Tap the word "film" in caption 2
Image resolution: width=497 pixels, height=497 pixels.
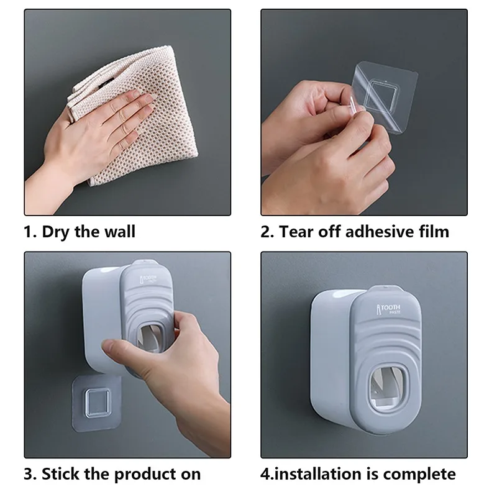(433, 232)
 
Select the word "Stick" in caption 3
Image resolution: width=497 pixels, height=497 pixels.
(62, 475)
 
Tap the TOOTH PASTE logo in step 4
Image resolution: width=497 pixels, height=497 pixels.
(390, 309)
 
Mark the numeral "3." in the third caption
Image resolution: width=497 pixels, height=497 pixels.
(30, 475)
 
